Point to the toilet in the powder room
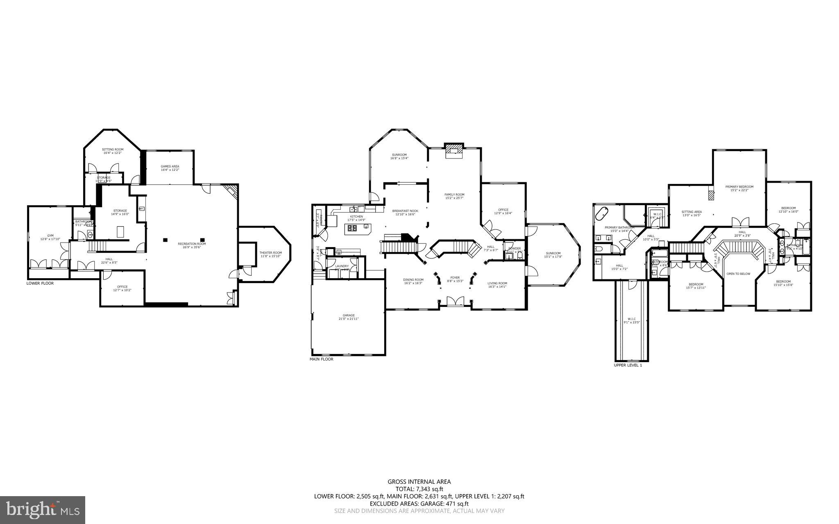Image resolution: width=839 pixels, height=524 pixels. (519, 256)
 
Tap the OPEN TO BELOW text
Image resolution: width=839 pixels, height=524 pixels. (738, 274)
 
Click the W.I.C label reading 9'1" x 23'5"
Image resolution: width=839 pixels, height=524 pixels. (631, 320)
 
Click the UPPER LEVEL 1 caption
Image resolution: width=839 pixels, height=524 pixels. (628, 365)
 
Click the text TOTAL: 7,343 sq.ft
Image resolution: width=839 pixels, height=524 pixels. (419, 489)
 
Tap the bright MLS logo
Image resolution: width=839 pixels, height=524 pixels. (43, 510)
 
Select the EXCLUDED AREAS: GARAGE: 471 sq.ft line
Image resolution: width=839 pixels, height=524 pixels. (419, 504)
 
